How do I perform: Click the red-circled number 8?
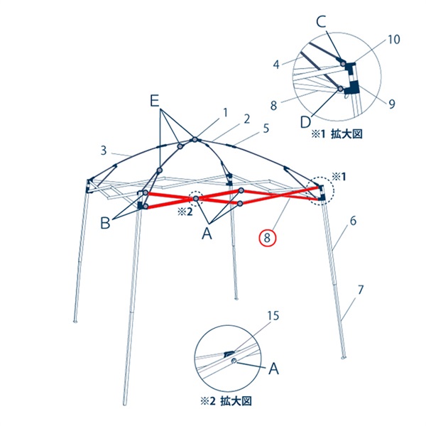[268, 239]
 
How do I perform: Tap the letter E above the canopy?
[154, 102]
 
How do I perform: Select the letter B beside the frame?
[105, 224]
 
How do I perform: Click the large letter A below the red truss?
[207, 234]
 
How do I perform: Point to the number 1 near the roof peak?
[225, 113]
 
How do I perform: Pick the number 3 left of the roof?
[103, 151]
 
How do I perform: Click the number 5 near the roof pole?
[266, 129]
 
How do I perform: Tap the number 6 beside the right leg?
[353, 221]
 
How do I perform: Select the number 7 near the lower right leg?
[360, 290]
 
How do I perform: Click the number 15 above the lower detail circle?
[273, 316]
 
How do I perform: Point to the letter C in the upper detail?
[321, 22]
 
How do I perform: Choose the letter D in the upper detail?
[305, 122]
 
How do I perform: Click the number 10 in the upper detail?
[393, 40]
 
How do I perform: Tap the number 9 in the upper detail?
[391, 104]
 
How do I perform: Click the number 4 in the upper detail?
[276, 65]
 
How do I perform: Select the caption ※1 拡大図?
[337, 134]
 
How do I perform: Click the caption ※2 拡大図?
[226, 401]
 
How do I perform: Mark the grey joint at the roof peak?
[195, 140]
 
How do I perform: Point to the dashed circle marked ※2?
[196, 199]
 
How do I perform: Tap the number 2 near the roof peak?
[246, 119]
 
